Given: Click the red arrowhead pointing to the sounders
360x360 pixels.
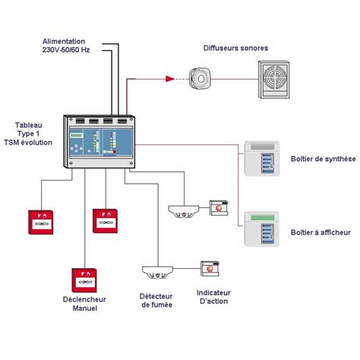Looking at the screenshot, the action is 170,79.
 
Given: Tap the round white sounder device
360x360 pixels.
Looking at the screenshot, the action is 200,78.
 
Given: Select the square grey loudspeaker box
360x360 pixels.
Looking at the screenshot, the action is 273,80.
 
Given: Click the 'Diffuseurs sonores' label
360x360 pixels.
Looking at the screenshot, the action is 235,48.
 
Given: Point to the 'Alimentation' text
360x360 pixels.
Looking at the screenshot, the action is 64,41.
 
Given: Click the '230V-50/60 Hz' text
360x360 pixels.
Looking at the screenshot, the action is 66,50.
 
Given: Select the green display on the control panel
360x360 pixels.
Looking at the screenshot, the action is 77,135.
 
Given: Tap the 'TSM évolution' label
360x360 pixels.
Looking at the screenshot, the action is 28,142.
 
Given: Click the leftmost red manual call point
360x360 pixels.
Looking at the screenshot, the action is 41,222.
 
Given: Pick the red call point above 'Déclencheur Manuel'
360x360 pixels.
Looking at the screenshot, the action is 84,280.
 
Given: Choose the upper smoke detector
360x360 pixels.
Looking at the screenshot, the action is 184,211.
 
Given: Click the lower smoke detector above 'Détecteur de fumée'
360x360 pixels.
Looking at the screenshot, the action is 157,272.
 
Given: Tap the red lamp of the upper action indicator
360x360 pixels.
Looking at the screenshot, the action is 219,208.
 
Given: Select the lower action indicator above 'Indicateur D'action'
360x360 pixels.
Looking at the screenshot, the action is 210,269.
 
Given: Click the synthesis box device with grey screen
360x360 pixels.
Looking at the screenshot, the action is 262,159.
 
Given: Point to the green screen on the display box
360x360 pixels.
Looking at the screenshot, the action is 263,217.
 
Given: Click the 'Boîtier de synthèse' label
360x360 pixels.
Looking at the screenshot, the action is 323,159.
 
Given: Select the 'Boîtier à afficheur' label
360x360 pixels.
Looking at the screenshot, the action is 321,232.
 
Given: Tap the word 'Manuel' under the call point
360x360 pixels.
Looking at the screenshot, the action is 85,308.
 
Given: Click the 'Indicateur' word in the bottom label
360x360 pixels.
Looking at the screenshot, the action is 213,292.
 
